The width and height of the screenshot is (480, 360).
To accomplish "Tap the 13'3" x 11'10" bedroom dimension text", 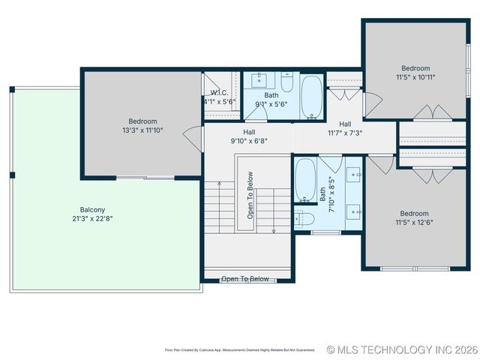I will pyautogui.click(x=142, y=130).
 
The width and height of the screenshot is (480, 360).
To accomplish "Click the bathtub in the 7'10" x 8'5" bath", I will pyautogui.click(x=304, y=181).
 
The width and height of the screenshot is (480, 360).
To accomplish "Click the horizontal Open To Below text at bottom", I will pyautogui.click(x=244, y=279).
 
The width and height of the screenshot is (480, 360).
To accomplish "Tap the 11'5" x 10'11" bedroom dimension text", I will pyautogui.click(x=415, y=76).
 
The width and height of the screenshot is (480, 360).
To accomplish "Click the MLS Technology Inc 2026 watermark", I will pyautogui.click(x=402, y=349).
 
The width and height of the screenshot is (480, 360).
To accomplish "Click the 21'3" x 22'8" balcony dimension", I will pyautogui.click(x=93, y=218).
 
